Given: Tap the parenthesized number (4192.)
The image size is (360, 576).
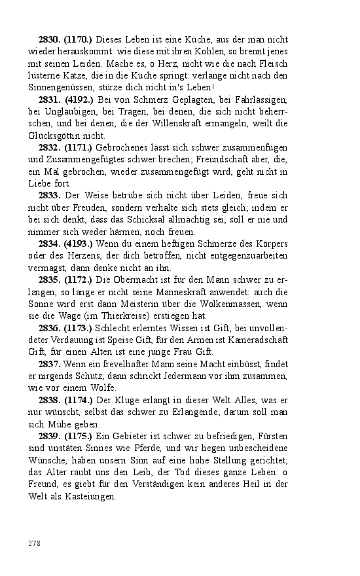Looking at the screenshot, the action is (x=78, y=99).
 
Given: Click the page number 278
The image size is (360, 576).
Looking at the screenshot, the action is (x=35, y=543).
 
